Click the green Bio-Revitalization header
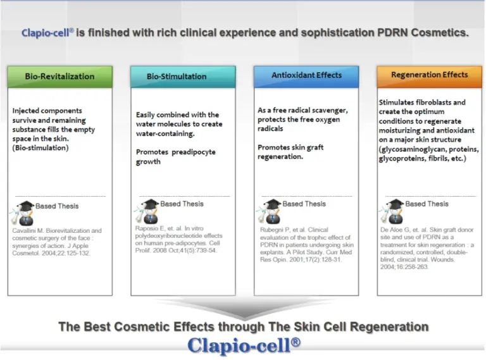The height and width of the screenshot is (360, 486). click(x=60, y=77)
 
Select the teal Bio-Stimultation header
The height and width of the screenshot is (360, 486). click(x=183, y=77)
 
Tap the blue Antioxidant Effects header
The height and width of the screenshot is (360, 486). click(x=306, y=76)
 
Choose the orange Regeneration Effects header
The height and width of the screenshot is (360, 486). click(x=429, y=76)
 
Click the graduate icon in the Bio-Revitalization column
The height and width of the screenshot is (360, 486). click(x=23, y=213)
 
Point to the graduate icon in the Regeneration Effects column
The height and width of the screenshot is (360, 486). click(x=392, y=211)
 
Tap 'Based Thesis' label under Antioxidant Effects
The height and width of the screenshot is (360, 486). click(x=304, y=204)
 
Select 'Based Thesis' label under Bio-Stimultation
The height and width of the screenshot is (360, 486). click(x=182, y=204)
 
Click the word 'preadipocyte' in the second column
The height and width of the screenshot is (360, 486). click(x=194, y=152)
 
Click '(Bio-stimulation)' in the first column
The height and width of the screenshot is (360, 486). click(x=40, y=148)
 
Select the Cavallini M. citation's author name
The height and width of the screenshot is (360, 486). click(x=28, y=230)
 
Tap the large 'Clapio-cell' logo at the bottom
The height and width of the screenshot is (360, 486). click(x=244, y=345)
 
